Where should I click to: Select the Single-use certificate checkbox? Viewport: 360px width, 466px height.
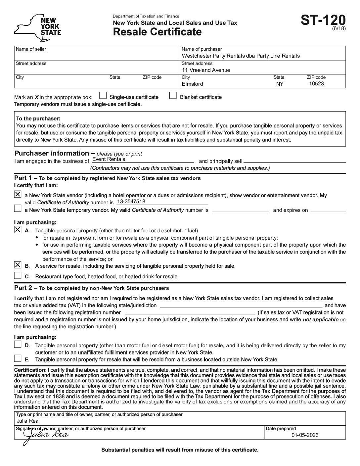pos(103,96)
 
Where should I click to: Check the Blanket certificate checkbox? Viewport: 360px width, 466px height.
pos(173,96)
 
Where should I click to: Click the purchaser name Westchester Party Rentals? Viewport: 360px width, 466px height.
pos(241,56)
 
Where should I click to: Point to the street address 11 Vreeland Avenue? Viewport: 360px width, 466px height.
pos(206,70)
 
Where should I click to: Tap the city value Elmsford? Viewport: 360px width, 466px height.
pos(192,84)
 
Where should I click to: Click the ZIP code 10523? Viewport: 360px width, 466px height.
pos(316,84)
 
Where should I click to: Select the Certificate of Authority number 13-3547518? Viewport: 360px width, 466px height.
pos(131,202)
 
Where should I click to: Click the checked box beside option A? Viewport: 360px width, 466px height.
pos(18,230)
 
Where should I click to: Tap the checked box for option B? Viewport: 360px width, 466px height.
pos(18,265)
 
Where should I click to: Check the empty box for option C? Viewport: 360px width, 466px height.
pos(18,275)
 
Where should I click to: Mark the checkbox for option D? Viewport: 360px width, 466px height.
pos(18,345)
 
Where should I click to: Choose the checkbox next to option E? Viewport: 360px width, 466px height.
pos(18,358)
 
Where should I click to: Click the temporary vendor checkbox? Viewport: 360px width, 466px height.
pos(18,209)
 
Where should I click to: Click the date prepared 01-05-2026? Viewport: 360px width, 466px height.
pos(305,435)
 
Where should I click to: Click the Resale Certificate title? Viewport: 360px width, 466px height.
pos(157,32)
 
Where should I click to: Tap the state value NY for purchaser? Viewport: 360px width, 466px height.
pos(280,84)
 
